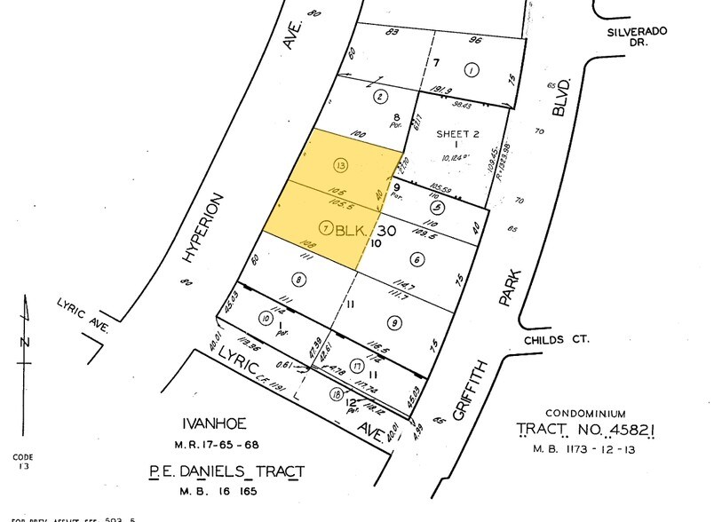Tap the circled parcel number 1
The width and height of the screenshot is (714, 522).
[472, 70]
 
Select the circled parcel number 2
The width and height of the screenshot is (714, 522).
[379, 97]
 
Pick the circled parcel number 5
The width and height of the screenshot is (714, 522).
[436, 207]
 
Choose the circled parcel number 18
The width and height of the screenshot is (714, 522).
[336, 393]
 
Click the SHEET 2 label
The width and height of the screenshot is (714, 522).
[457, 134]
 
